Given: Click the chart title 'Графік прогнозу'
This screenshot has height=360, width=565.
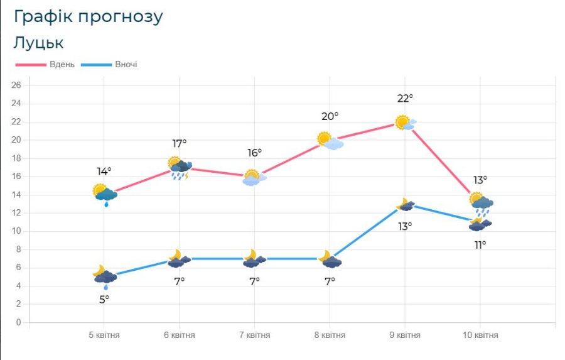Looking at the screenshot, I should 88,17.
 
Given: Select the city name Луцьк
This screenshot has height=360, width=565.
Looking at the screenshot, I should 38,43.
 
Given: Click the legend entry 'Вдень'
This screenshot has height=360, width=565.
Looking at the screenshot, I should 62,65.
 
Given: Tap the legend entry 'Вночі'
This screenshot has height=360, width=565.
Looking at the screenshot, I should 126,65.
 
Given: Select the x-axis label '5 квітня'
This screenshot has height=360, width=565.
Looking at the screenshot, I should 104,335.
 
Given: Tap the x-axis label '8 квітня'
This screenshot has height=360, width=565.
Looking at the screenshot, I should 330,335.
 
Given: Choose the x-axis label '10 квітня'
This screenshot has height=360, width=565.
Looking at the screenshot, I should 480,335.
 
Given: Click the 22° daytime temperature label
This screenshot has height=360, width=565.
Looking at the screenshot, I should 405,99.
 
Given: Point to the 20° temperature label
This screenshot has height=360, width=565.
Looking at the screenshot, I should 330,116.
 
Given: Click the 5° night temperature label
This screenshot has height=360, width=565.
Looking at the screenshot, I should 104,299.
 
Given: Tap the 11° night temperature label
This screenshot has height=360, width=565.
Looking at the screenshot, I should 480,244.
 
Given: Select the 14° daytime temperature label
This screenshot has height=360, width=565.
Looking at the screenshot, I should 104,171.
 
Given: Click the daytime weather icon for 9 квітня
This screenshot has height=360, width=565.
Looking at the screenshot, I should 406,123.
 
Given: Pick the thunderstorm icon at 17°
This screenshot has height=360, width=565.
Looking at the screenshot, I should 180,168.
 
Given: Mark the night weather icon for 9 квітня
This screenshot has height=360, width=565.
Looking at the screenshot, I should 405,205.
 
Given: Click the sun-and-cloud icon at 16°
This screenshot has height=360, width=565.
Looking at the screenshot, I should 254,178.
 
